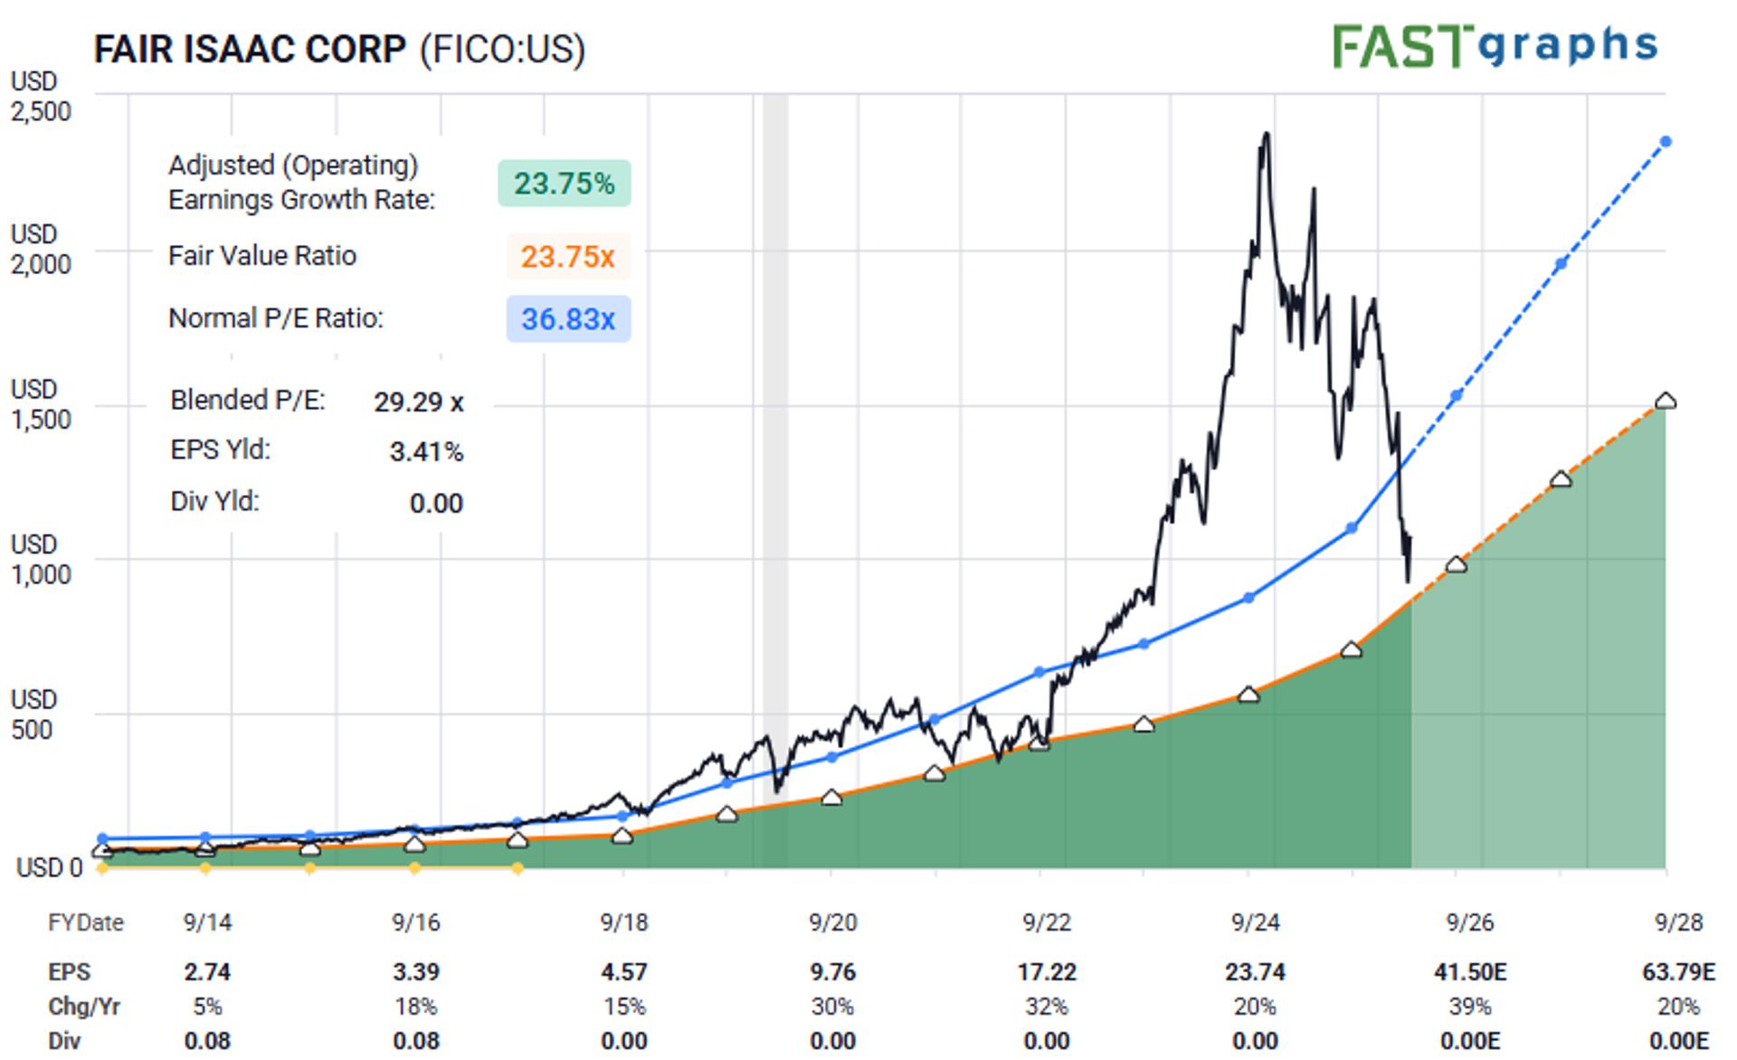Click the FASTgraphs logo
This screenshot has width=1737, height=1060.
coord(1495,45)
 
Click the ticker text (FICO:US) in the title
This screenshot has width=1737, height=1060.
coord(502,49)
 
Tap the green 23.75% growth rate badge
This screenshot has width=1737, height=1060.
coord(565,184)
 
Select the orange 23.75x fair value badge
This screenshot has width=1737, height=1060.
coord(568,257)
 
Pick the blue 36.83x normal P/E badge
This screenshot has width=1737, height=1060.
coord(568,319)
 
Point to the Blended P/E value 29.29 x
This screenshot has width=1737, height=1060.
coord(418,402)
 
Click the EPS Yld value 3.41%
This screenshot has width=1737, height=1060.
coord(426,451)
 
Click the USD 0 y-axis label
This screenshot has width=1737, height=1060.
coord(49,867)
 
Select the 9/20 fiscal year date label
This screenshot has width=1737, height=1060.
coord(832,923)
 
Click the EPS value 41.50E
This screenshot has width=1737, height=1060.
coord(1470,972)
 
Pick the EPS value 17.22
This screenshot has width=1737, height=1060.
coord(1047,972)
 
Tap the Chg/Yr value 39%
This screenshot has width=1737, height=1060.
coord(1470,1007)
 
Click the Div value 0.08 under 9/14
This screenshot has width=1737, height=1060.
coord(207,1041)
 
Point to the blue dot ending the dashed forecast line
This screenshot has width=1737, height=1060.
coord(1666,142)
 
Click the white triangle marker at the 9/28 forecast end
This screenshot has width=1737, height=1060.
coord(1666,401)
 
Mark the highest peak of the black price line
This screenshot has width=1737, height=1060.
coord(1266,135)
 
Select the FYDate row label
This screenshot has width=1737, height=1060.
coord(86,923)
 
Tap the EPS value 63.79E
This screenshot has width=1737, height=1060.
coord(1678,972)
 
